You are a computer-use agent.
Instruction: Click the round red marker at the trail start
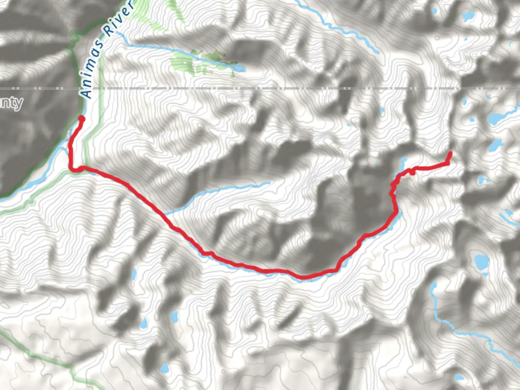coord(82,119)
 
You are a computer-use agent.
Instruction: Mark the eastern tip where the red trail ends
coord(450,153)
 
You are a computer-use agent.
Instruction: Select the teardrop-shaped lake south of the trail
coord(175,317)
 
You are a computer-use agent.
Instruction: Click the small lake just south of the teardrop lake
coord(165,368)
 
